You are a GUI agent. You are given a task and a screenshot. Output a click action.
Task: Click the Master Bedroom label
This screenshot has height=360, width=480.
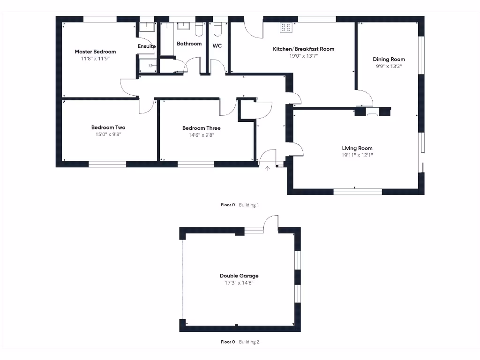tap(95, 52)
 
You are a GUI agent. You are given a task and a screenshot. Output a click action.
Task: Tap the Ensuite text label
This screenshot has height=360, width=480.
tap(146, 46)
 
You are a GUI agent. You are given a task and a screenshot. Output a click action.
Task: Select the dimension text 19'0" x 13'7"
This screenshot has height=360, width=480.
tap(303, 55)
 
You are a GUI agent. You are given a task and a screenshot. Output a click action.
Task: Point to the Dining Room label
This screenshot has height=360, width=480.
tap(389, 59)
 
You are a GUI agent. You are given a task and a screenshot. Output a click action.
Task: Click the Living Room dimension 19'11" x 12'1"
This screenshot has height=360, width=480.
tap(358, 155)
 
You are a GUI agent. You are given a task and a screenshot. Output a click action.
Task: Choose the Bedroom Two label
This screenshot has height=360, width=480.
tap(108, 127)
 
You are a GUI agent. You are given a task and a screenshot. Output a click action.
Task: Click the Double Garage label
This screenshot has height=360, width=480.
tap(239, 276)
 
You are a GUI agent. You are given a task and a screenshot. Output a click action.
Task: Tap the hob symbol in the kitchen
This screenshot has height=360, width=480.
tap(285, 28)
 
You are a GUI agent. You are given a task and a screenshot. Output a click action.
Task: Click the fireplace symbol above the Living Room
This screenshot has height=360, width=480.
tap(373, 112)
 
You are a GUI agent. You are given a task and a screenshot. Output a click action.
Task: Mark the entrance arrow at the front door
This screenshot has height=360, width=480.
tap(268, 168)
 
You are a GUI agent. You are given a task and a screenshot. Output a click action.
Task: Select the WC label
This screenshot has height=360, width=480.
tap(217, 46)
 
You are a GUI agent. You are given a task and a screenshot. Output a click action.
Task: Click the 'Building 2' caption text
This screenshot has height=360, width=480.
tap(248, 342)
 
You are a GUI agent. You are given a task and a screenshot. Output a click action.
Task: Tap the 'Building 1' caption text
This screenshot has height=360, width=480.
tap(249, 205)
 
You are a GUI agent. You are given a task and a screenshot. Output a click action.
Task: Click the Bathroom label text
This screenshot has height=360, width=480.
tap(189, 44)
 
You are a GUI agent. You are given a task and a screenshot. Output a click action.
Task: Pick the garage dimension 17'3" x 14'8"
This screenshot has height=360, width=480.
tap(239, 283)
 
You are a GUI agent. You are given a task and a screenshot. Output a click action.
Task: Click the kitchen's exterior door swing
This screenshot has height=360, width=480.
tap(253, 29)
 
